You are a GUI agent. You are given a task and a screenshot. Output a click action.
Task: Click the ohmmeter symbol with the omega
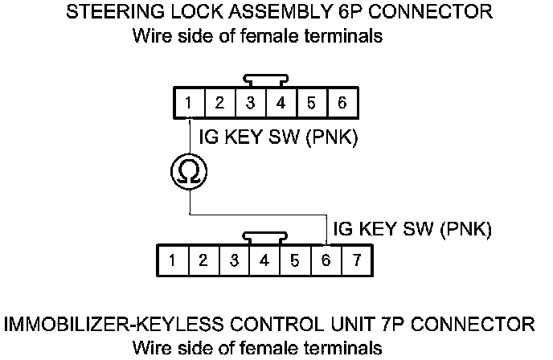[189, 172]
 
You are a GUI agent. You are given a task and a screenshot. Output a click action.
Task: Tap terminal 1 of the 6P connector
[189, 103]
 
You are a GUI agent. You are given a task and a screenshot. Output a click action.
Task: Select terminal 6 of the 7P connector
[326, 260]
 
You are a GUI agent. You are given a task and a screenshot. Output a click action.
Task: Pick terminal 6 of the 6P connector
[342, 103]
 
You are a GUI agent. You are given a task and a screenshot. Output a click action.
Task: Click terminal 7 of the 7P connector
[357, 260]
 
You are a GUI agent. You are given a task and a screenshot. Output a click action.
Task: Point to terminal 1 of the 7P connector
[173, 260]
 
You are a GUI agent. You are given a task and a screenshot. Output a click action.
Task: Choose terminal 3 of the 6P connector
[251, 103]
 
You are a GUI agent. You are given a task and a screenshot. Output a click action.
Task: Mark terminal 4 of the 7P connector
[264, 260]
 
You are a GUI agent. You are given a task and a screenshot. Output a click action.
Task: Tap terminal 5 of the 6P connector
[313, 103]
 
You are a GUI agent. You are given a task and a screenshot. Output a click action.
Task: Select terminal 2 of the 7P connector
[204, 260]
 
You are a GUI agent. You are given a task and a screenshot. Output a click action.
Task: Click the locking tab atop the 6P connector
[266, 80]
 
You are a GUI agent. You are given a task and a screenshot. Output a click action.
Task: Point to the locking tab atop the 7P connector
[264, 238]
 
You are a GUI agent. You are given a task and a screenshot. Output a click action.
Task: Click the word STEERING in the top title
[115, 12]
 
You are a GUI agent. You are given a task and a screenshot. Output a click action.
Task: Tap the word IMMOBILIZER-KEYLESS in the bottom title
[113, 324]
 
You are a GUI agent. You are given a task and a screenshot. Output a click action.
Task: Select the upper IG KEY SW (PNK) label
[278, 137]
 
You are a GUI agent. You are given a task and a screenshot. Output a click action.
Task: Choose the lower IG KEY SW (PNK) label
[412, 229]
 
